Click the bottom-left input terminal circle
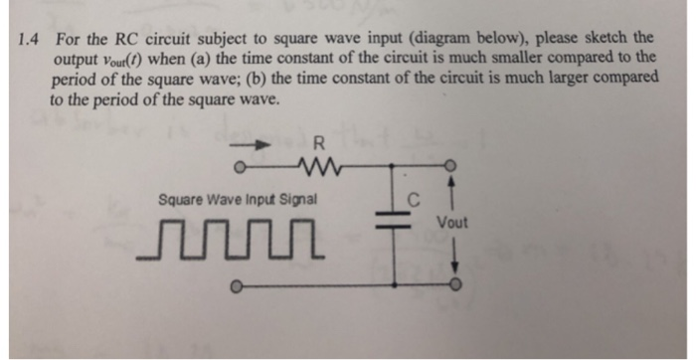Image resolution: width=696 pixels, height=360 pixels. tap(236, 289)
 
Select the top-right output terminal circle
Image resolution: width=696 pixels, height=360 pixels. tap(454, 165)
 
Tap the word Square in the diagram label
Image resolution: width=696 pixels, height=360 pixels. tap(179, 200)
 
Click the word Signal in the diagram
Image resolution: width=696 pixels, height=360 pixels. tap(295, 200)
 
